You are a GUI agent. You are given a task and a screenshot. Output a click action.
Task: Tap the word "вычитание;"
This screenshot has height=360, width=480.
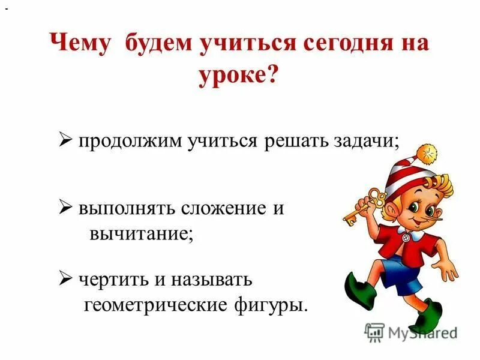click(142, 234)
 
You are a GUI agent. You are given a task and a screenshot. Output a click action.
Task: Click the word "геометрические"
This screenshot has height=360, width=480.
click(152, 305)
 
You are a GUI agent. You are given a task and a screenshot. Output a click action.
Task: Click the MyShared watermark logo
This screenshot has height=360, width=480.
click(410, 332)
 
